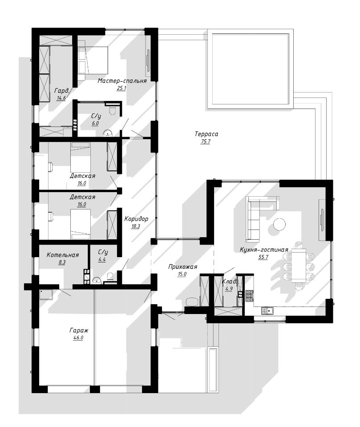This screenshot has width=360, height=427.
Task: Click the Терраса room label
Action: click(206, 134)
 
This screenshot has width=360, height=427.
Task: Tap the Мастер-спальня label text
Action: click(122, 81)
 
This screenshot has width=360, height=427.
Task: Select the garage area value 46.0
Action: click(78, 338)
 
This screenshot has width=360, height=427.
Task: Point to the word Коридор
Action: click(136, 219)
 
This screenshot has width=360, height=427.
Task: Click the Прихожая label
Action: click(182, 267)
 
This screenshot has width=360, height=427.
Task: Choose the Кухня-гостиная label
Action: click(264, 250)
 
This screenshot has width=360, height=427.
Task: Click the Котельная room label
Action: click(63, 255)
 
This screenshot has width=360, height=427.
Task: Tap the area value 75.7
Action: click(206, 141)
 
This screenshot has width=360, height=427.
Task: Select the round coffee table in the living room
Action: click(279, 224)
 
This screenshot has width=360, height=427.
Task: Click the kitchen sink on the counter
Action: click(267, 310)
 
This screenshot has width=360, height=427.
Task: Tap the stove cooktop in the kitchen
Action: click(249, 296)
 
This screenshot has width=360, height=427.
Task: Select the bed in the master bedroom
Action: click(93, 60)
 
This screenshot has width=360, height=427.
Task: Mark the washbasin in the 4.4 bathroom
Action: click(97, 280)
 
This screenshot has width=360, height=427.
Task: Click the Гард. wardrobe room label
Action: click(62, 90)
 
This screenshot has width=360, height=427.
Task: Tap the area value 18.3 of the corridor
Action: click(135, 226)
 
